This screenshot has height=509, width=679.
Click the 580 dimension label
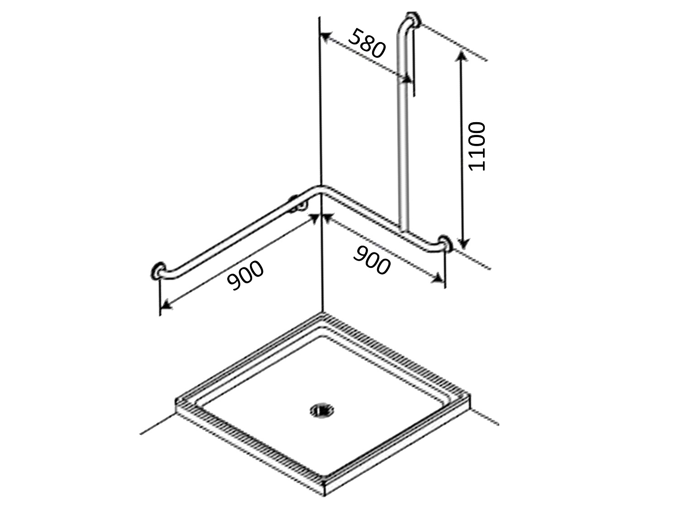click(x=366, y=43)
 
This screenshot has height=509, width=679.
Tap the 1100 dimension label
click(x=477, y=146)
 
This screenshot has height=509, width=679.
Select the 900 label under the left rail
click(x=245, y=276)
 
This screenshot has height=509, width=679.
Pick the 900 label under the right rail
click(x=371, y=260)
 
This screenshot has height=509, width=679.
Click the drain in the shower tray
click(x=322, y=410)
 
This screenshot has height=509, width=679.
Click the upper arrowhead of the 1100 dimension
click(x=461, y=56)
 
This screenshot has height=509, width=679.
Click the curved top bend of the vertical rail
click(x=403, y=27)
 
